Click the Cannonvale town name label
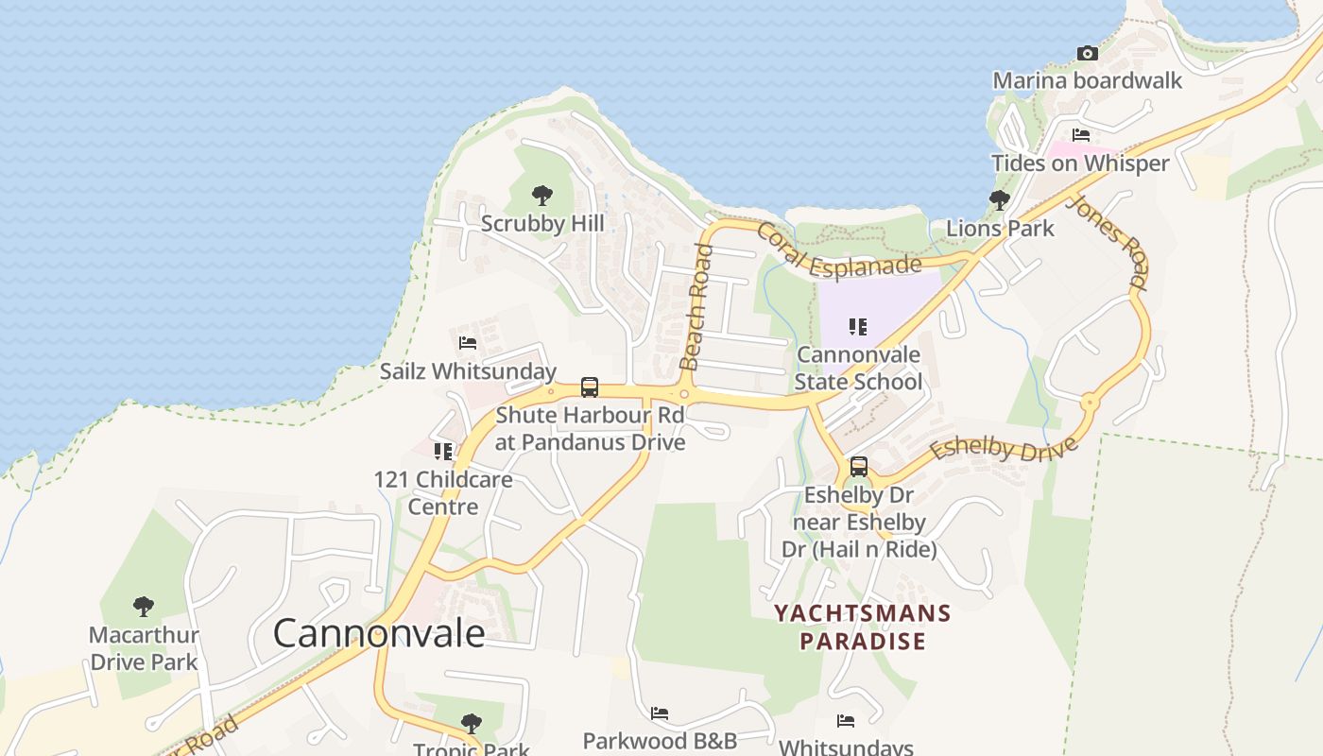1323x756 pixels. [379, 633]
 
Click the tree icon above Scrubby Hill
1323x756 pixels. [542, 196]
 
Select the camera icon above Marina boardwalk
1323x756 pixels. [1088, 53]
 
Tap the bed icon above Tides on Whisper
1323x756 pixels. [1081, 135]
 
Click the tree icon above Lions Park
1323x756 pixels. [1000, 200]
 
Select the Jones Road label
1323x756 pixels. [1108, 241]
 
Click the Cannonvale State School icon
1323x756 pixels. [858, 327]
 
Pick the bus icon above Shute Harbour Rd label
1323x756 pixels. [590, 387]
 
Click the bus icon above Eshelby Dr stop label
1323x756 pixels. [858, 467]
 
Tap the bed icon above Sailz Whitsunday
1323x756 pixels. [468, 343]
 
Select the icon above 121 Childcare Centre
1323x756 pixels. [443, 452]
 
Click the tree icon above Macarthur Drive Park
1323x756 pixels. [144, 606]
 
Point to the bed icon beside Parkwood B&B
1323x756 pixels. [660, 713]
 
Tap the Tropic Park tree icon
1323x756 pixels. [471, 725]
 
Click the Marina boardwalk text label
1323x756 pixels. [1087, 80]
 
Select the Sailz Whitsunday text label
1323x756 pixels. [468, 371]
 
